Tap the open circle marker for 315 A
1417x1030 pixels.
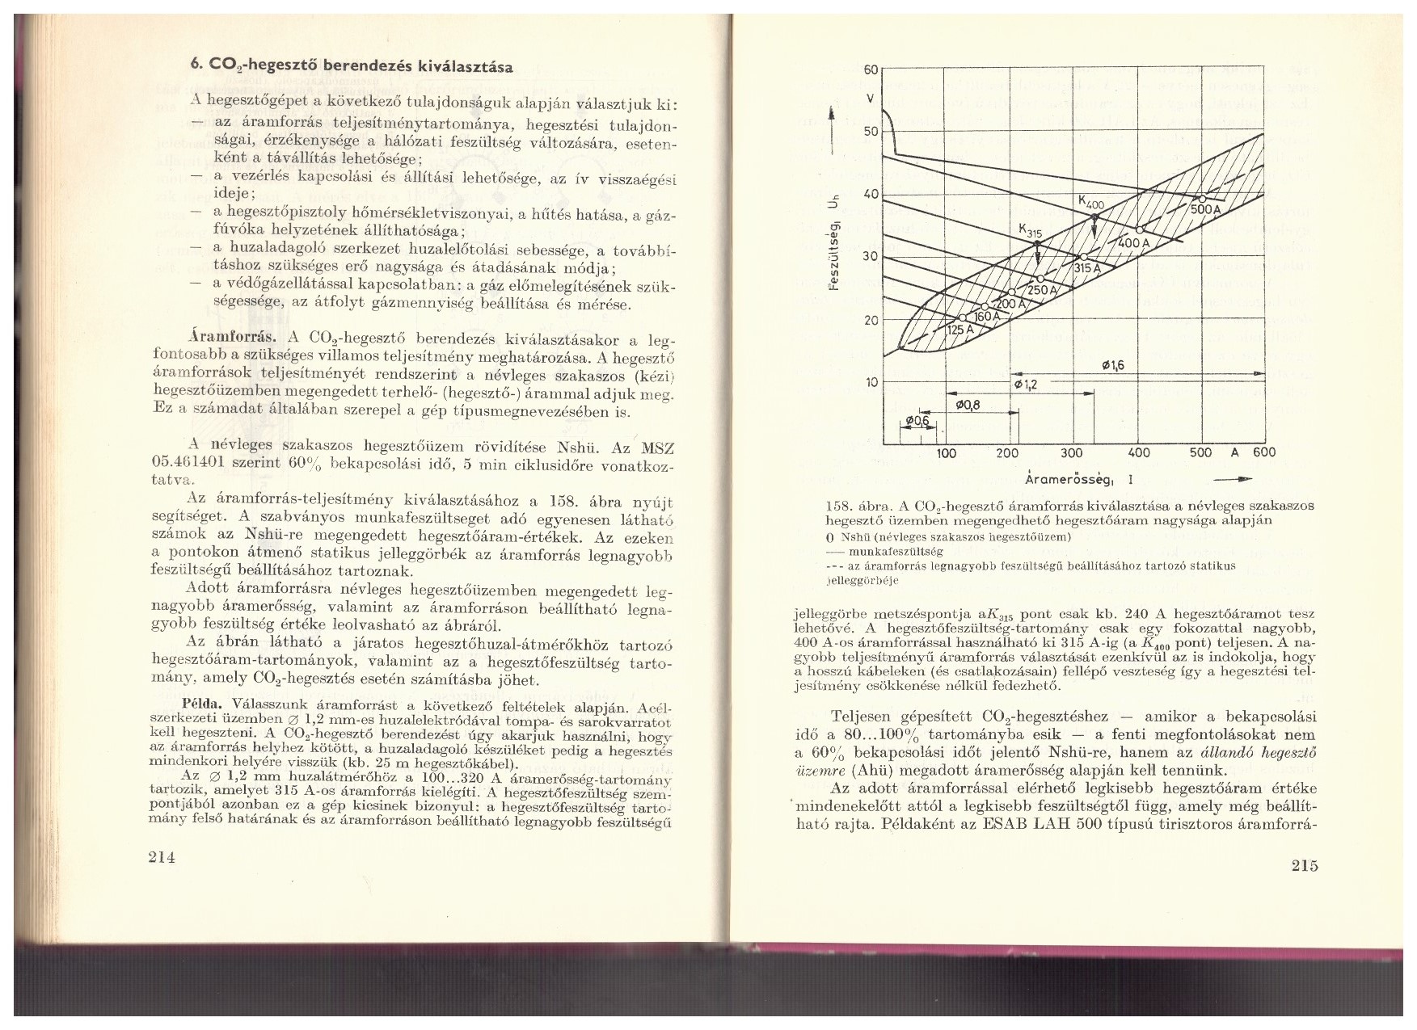coord(1083,257)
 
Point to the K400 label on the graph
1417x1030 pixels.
coord(1091,202)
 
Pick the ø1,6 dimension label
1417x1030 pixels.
coord(1113,365)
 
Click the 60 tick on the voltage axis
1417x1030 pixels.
coord(870,69)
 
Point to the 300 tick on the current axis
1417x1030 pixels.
coord(1072,453)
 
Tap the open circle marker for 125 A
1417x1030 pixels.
coord(963,317)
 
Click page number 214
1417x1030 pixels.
coord(162,857)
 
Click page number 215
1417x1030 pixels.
coord(1304,866)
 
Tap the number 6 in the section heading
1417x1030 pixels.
coord(194,68)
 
